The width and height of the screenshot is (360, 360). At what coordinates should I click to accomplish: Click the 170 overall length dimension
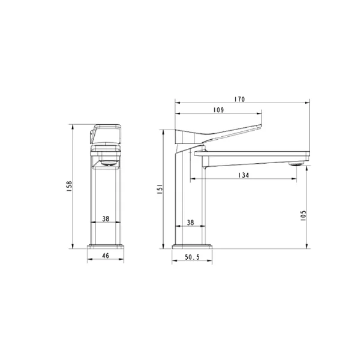click(x=241, y=99)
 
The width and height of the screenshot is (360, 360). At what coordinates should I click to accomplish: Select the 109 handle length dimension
click(x=218, y=110)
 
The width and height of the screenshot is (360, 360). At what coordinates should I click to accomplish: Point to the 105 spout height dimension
click(x=304, y=214)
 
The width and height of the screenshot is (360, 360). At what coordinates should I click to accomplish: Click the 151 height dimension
click(x=159, y=190)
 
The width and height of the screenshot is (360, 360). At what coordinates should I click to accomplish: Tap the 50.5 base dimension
click(x=192, y=257)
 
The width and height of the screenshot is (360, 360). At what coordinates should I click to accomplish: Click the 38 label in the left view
click(x=106, y=220)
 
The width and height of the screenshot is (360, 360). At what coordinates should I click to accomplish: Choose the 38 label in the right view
click(x=190, y=223)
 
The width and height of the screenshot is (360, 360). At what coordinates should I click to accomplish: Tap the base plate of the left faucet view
click(x=106, y=246)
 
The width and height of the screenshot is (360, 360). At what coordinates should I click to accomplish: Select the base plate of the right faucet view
click(x=192, y=246)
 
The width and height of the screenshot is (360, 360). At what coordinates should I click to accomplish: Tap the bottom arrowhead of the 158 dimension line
click(x=72, y=246)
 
